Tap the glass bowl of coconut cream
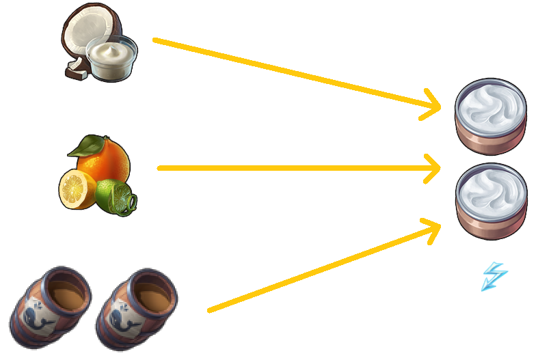click(111, 60)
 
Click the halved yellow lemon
click(76, 189)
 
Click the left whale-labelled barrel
click(53, 308)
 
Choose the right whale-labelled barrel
click(136, 308)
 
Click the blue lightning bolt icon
click(494, 277)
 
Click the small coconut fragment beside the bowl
click(75, 68)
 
